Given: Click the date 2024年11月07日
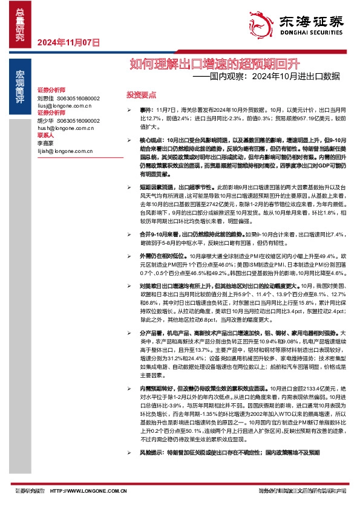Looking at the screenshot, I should pos(68,42).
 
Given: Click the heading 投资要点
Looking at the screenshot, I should pos(140,96).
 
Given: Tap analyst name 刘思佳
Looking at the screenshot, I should pos(45,98).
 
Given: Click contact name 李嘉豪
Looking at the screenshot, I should pos(45,143).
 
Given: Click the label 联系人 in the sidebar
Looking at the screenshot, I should pos(46,135).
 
